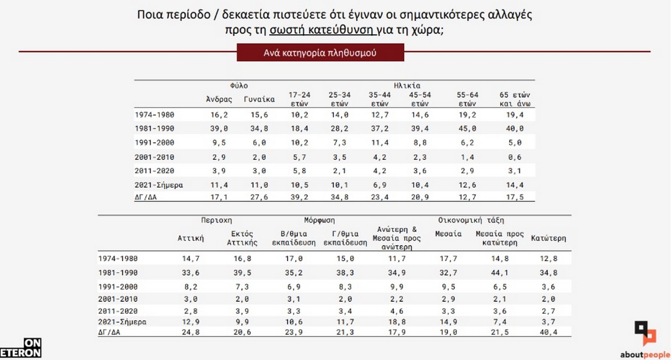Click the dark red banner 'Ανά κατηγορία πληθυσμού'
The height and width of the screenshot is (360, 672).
point(320,53)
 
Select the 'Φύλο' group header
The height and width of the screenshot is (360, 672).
point(239,86)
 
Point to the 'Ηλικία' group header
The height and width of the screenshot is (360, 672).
point(407,86)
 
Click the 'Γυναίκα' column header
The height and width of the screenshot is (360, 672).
point(259,99)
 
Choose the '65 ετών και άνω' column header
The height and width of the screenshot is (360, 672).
point(515,99)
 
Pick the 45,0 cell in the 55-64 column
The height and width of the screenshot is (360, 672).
point(467,129)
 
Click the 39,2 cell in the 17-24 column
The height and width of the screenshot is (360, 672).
point(299,197)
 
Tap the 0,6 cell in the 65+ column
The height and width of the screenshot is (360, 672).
point(515,157)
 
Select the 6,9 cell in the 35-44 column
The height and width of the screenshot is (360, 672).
point(380,185)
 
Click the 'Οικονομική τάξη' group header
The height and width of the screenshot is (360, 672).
point(471,220)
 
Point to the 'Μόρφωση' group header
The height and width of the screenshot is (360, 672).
point(320,220)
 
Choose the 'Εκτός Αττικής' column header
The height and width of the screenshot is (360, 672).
point(242,238)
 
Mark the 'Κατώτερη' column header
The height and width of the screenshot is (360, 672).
point(549,238)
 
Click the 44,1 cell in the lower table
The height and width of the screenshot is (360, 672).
point(500,273)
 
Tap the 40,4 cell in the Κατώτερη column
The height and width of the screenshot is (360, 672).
point(549,332)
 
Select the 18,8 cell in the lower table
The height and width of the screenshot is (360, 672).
point(397,322)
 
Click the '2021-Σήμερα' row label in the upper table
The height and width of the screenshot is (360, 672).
point(159,185)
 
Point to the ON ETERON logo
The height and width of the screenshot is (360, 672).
point(21,348)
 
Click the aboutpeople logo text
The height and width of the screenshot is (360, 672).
point(645,355)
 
